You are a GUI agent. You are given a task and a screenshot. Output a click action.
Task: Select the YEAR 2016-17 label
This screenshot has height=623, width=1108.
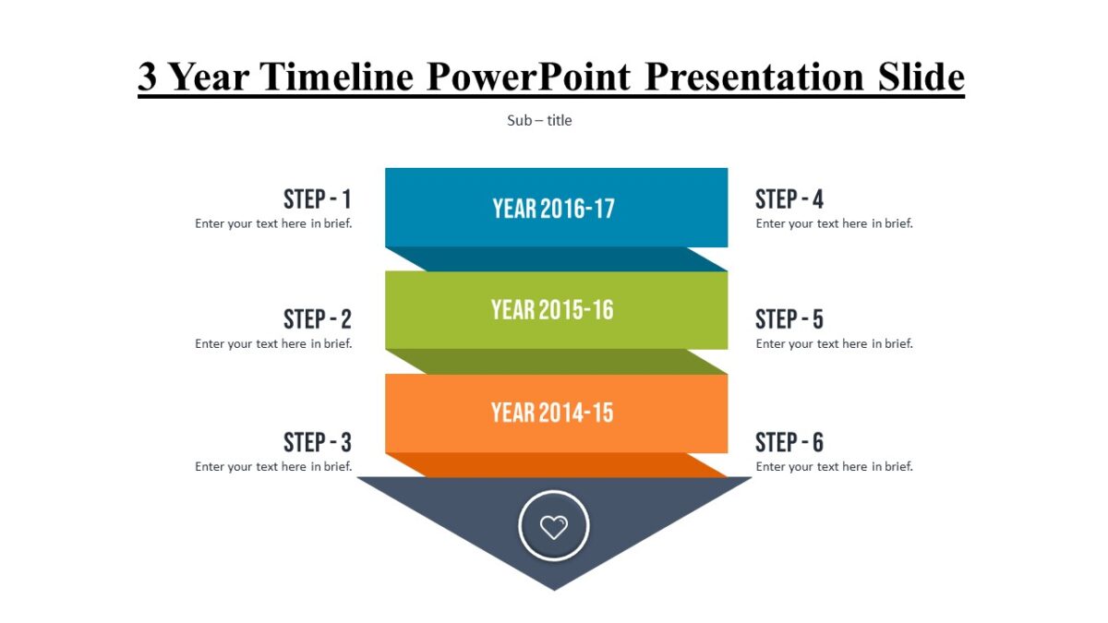point(553,209)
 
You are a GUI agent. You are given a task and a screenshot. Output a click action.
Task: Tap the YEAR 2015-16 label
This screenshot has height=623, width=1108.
point(552,310)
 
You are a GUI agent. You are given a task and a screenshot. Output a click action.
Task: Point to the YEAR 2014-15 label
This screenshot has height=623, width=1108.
point(552,413)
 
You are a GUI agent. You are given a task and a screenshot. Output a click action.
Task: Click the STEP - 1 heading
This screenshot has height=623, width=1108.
point(317,199)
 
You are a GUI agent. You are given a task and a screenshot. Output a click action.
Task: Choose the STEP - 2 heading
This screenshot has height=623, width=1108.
point(317,320)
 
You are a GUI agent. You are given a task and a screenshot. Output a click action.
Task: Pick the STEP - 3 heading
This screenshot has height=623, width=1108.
point(317,442)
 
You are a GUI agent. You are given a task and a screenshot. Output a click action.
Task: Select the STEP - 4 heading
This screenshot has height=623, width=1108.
point(789,199)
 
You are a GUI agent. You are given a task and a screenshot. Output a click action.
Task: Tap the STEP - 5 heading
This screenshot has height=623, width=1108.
point(789,320)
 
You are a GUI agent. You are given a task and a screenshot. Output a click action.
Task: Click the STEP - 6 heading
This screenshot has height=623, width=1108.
point(789,442)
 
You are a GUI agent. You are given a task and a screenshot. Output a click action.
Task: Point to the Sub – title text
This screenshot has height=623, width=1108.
point(539,121)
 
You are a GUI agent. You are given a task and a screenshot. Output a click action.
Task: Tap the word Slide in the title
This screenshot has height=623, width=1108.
point(921,78)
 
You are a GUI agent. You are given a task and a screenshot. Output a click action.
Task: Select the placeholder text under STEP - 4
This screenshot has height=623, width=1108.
point(834,223)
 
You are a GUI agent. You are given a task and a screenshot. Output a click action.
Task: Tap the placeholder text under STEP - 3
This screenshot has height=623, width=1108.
point(273,467)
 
